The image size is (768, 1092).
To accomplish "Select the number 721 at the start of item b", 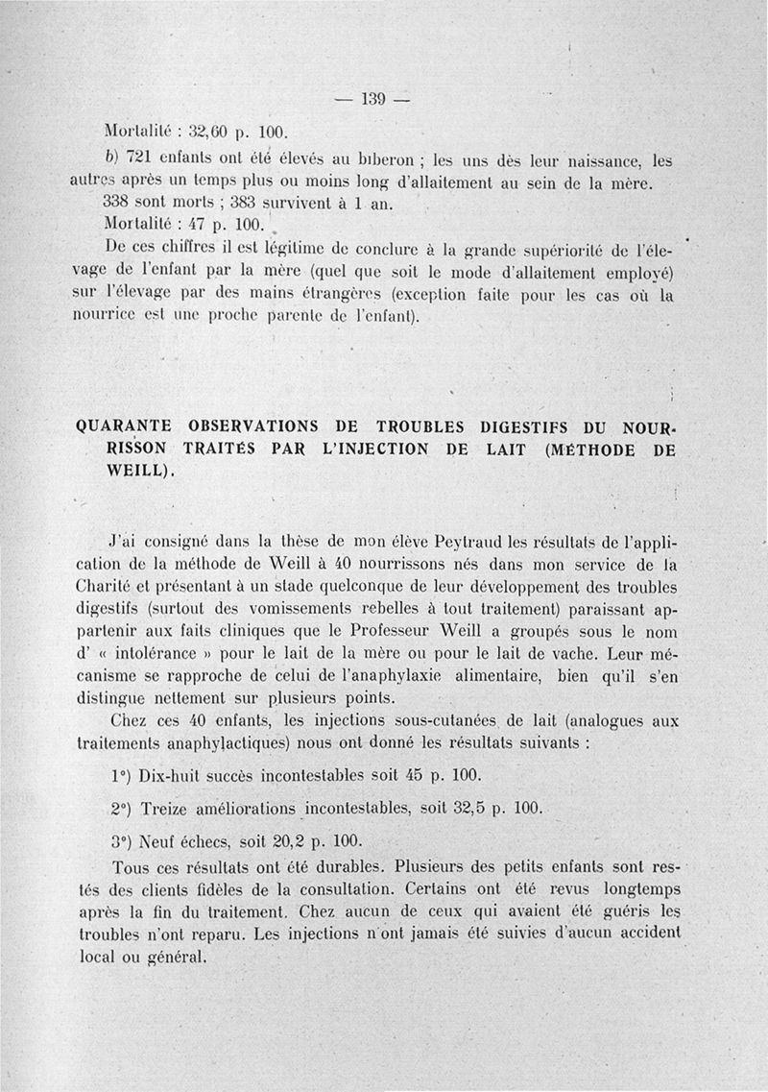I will point(140,157).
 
